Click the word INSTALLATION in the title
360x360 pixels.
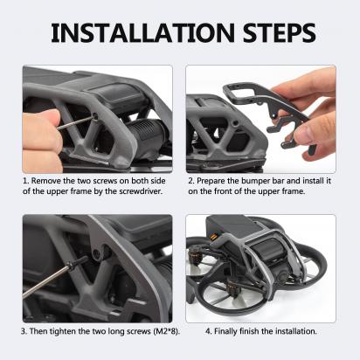[x=143, y=33]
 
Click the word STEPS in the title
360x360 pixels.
[x=280, y=33]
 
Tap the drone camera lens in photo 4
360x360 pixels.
[x=280, y=277]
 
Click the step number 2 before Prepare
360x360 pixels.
[x=190, y=181]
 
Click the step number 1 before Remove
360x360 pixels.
[x=25, y=181]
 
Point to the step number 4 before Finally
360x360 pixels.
[x=208, y=331]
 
